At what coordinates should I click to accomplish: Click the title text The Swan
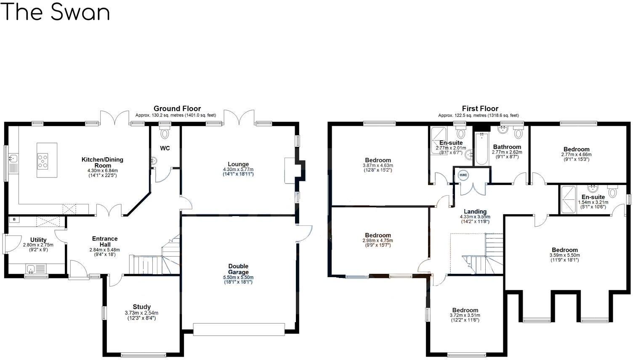click(x=56, y=12)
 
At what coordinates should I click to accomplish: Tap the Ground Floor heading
click(x=177, y=109)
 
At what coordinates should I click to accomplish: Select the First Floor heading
click(x=480, y=109)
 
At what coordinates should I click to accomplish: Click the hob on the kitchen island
click(x=43, y=161)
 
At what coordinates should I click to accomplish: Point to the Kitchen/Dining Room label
click(x=102, y=162)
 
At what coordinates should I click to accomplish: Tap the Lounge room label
click(x=238, y=164)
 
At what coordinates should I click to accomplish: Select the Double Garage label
click(x=238, y=269)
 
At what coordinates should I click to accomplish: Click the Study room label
click(x=141, y=307)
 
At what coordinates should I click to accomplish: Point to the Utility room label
click(x=38, y=240)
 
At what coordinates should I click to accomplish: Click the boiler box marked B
click(x=14, y=220)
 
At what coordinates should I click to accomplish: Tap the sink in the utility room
click(x=31, y=268)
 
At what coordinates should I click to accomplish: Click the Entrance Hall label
click(x=105, y=241)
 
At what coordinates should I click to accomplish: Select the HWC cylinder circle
click(x=463, y=175)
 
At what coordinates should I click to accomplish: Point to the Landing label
click(x=475, y=212)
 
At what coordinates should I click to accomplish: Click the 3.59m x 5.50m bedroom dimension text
click(x=564, y=255)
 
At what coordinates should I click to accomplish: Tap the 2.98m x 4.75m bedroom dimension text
click(x=378, y=241)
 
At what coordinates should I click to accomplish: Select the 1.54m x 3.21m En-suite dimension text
click(x=593, y=202)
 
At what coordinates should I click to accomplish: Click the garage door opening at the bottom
click(x=239, y=329)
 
